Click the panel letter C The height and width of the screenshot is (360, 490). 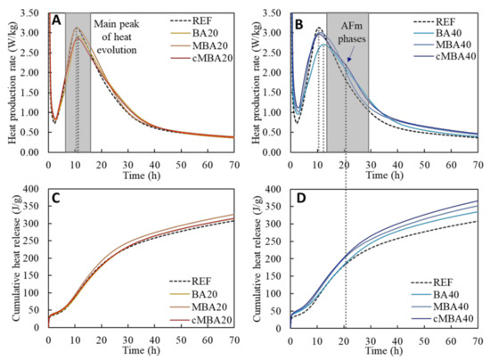(56, 199)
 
